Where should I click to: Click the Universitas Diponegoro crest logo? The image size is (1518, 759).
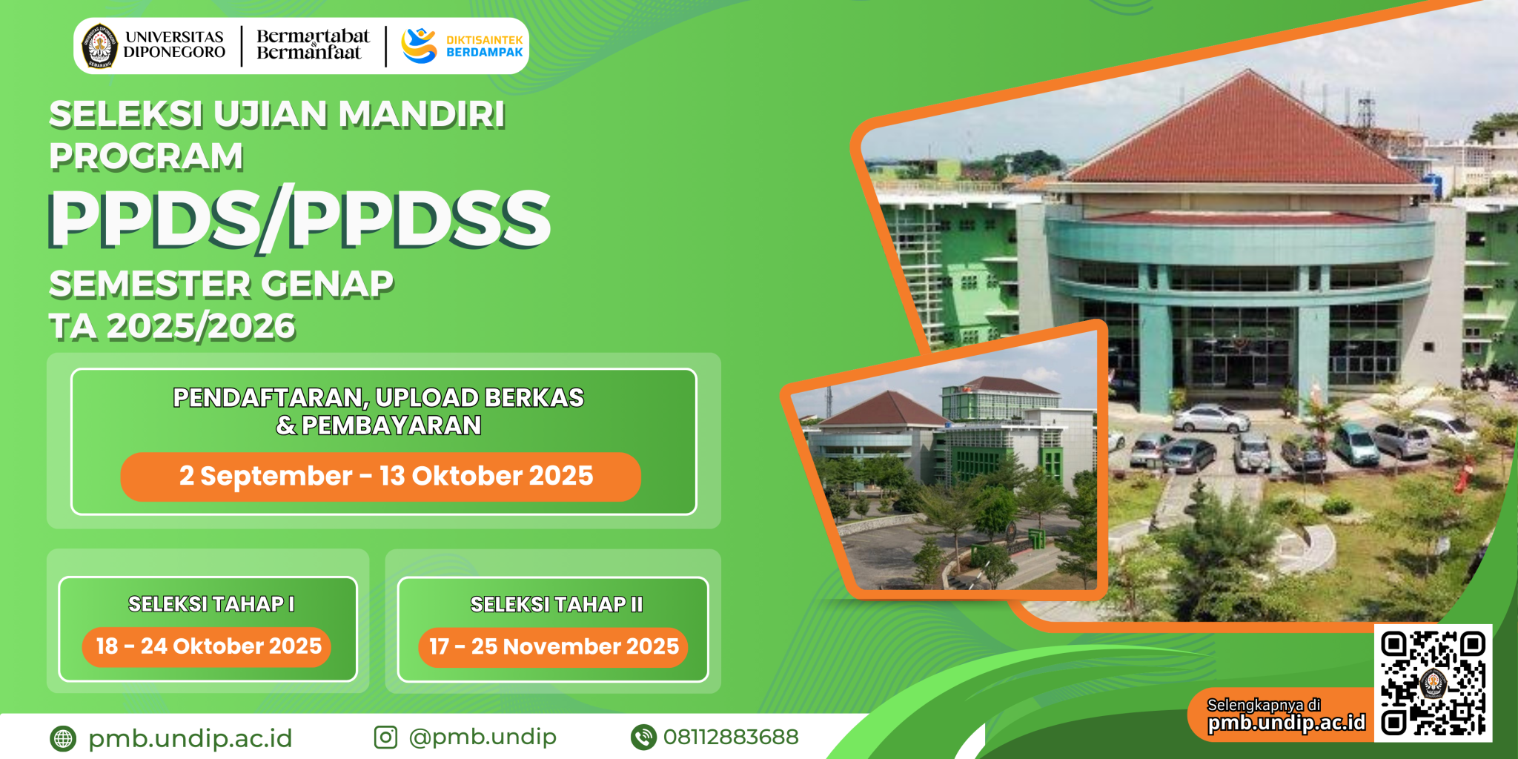pyautogui.click(x=99, y=46)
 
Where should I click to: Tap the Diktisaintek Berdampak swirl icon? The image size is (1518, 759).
pyautogui.click(x=419, y=46)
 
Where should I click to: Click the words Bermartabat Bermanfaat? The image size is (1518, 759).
pyautogui.click(x=312, y=44)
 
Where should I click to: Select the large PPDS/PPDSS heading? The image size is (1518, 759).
pyautogui.click(x=299, y=219)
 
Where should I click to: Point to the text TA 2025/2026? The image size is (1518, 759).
pyautogui.click(x=172, y=326)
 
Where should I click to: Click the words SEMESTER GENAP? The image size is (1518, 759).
pyautogui.click(x=221, y=284)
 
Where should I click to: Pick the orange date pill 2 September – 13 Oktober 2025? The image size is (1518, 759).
pyautogui.click(x=381, y=477)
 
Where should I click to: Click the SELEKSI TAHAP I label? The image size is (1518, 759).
pyautogui.click(x=211, y=604)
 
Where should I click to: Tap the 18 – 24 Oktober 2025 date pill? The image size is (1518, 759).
pyautogui.click(x=208, y=646)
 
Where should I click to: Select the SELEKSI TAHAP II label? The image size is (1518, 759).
pyautogui.click(x=557, y=604)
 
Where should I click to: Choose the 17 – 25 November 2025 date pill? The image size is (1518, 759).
pyautogui.click(x=554, y=646)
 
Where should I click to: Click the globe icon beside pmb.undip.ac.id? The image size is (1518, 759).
pyautogui.click(x=63, y=738)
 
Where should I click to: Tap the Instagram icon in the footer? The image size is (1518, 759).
pyautogui.click(x=385, y=737)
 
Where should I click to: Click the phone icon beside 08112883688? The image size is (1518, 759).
pyautogui.click(x=643, y=737)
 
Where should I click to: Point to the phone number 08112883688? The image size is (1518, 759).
pyautogui.click(x=731, y=737)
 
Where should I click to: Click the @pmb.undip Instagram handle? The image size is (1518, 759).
pyautogui.click(x=483, y=737)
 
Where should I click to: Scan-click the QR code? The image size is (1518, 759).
pyautogui.click(x=1433, y=683)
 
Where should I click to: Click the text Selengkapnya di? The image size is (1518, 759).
pyautogui.click(x=1263, y=705)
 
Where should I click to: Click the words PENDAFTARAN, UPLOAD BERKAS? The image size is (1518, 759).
pyautogui.click(x=378, y=398)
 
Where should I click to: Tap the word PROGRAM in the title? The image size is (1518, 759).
pyautogui.click(x=146, y=156)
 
